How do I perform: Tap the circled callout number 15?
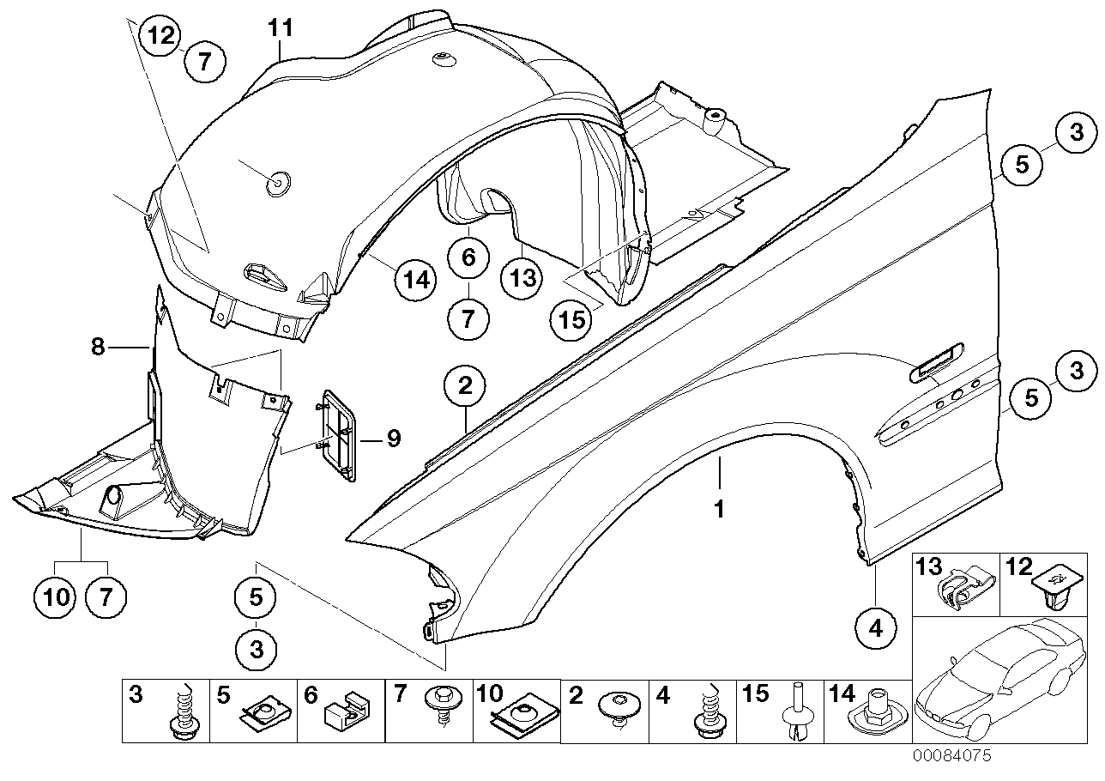pyautogui.click(x=572, y=320)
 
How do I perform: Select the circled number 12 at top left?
pyautogui.click(x=162, y=36)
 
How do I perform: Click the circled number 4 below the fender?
pyautogui.click(x=875, y=628)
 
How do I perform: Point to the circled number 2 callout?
pyautogui.click(x=464, y=386)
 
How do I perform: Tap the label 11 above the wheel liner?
pyautogui.click(x=281, y=29)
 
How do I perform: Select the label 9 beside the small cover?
pyautogui.click(x=394, y=439)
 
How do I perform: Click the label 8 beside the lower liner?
pyautogui.click(x=98, y=347)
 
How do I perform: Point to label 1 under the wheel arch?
pyautogui.click(x=720, y=509)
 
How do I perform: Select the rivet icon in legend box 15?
pyautogui.click(x=795, y=714)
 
